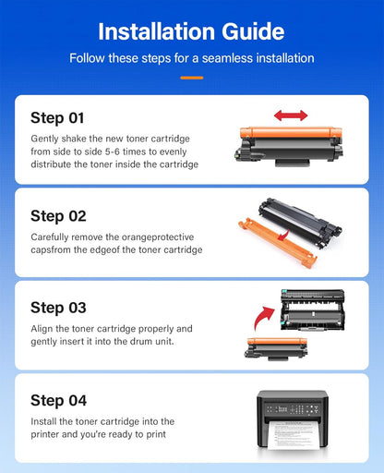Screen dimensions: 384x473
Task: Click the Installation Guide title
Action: click(x=191, y=31)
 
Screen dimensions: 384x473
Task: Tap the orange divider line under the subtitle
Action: click(x=192, y=78)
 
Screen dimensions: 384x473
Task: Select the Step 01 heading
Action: click(x=57, y=118)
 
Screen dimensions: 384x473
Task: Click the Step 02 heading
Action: click(x=58, y=216)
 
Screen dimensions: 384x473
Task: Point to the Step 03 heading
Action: click(x=58, y=308)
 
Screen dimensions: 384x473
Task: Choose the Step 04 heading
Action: click(x=58, y=401)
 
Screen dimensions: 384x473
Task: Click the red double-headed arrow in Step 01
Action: click(x=291, y=115)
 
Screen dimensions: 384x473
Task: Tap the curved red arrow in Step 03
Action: click(x=263, y=318)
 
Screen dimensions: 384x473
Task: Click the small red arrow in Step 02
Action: click(x=283, y=235)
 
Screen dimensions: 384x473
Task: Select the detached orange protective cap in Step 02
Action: click(x=277, y=243)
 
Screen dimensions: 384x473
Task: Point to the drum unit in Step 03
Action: click(x=313, y=309)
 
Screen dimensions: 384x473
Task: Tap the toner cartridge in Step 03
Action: click(x=276, y=349)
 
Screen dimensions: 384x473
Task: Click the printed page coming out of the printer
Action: click(x=293, y=435)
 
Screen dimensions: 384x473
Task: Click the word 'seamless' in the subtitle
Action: click(x=227, y=58)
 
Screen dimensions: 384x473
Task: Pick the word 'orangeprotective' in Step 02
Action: click(x=158, y=237)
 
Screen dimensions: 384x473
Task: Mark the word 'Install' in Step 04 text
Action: click(x=43, y=421)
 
